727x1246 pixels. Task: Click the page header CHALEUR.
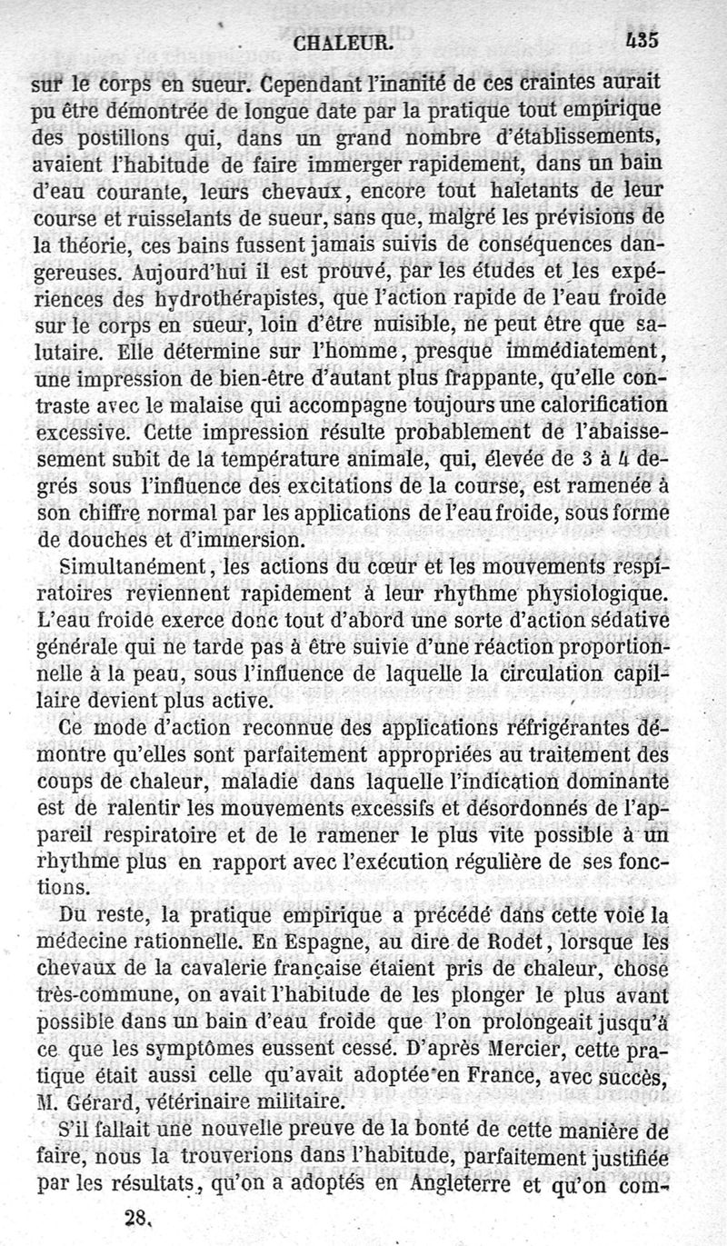[x=343, y=41]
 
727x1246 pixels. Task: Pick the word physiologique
[x=603, y=595]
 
